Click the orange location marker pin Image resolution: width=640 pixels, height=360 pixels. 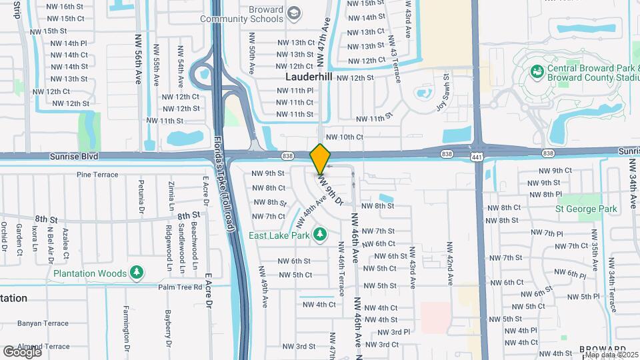click(321, 159)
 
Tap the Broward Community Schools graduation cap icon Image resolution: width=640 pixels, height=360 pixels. click(294, 12)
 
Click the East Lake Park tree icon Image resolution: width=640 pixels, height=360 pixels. click(320, 235)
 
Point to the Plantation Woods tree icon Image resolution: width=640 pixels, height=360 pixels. click(137, 273)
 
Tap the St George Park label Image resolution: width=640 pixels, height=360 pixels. click(586, 209)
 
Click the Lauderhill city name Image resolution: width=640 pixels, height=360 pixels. click(309, 77)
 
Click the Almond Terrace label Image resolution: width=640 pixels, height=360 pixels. click(43, 346)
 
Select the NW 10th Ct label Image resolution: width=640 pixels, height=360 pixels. click(345, 137)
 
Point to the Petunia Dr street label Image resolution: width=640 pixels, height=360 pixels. click(141, 193)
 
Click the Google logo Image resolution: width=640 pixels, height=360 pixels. click(21, 351)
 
